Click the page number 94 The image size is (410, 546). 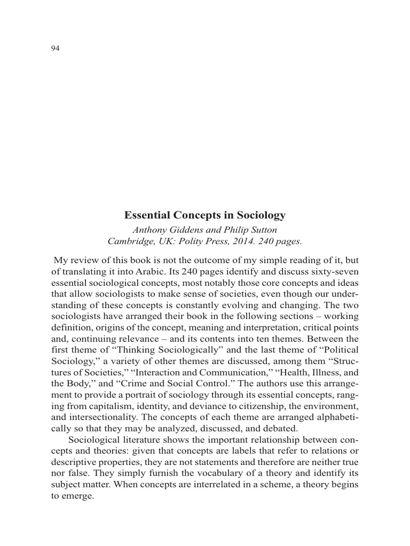55,49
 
